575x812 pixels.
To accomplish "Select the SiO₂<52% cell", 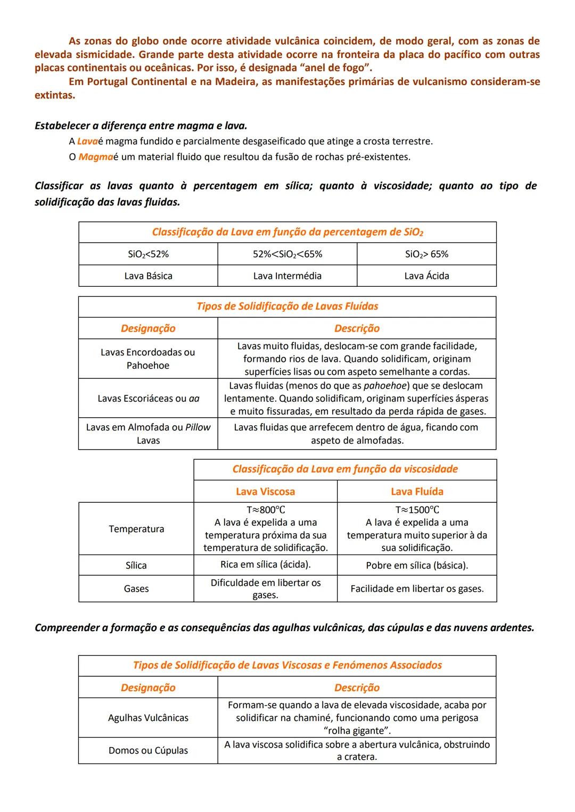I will pyautogui.click(x=148, y=254).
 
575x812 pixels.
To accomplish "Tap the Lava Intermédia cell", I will pyautogui.click(x=287, y=276).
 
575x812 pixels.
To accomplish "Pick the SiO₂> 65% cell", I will pyautogui.click(x=426, y=254).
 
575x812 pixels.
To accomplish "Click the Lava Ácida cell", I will pyautogui.click(x=426, y=276).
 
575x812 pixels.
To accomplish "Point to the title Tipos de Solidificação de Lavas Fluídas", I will pyautogui.click(x=287, y=306).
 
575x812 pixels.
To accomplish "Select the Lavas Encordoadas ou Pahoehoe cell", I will pyautogui.click(x=148, y=359).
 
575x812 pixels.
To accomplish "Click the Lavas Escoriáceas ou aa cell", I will pyautogui.click(x=148, y=399).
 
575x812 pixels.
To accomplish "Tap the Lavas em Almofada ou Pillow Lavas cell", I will pyautogui.click(x=148, y=434).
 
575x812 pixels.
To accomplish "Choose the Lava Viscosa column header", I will pyautogui.click(x=265, y=492).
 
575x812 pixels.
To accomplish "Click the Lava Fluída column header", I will pyautogui.click(x=417, y=492).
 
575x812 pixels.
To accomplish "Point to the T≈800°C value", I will pyautogui.click(x=265, y=510).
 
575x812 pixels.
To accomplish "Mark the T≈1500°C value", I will pyautogui.click(x=417, y=510).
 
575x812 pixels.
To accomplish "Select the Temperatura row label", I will pyautogui.click(x=136, y=529).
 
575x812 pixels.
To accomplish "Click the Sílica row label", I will pyautogui.click(x=136, y=566).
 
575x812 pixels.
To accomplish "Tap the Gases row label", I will pyautogui.click(x=136, y=589).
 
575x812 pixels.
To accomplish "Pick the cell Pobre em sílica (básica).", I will pyautogui.click(x=417, y=566).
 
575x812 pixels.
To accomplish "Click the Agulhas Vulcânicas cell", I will pyautogui.click(x=148, y=718).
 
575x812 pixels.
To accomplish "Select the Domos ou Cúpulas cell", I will pyautogui.click(x=148, y=751).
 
